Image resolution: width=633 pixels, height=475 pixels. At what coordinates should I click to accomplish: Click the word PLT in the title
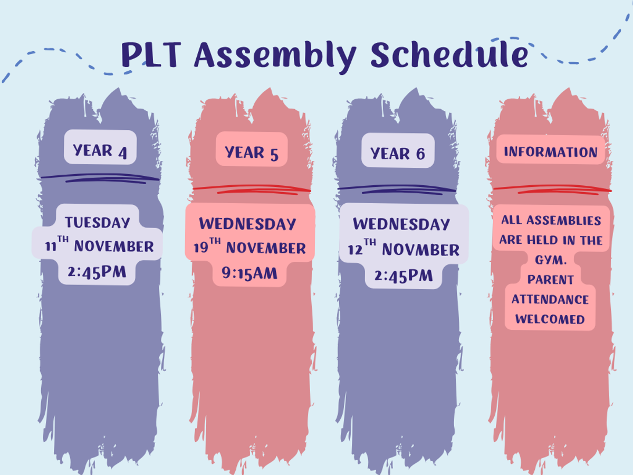coord(151,55)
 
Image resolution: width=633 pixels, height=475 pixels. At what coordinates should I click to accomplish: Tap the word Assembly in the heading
coord(275,56)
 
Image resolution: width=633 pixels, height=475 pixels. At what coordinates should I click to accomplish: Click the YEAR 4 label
coord(100,151)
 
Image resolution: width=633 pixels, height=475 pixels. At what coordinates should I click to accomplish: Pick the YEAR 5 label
coord(252,153)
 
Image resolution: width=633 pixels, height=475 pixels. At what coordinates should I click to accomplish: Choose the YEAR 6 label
coord(398,154)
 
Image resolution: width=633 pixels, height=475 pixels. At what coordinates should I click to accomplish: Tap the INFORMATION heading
coord(551,151)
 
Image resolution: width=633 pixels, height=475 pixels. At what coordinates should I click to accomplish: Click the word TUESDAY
coord(98,222)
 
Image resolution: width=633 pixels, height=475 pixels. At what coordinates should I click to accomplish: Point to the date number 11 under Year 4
coord(51,247)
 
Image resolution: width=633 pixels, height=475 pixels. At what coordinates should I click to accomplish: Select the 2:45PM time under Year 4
coord(97,272)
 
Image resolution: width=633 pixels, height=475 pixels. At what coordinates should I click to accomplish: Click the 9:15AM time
coord(250,273)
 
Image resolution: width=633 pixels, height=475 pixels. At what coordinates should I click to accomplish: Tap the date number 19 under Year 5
coord(201,248)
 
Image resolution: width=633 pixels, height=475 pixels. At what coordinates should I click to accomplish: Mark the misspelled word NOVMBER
coord(421,250)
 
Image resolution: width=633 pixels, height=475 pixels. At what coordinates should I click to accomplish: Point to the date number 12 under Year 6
coord(354,250)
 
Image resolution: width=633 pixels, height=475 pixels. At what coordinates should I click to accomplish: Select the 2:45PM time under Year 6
coord(404,275)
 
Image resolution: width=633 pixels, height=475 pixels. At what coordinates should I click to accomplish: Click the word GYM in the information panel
coord(549,260)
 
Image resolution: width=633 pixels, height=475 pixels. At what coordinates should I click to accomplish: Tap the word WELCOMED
coord(550,319)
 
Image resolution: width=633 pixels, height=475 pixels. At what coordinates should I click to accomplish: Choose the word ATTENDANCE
coord(550,299)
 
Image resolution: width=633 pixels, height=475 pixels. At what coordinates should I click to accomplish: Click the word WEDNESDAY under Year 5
coord(248,223)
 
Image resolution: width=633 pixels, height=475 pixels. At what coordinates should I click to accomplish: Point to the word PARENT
coord(551,280)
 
